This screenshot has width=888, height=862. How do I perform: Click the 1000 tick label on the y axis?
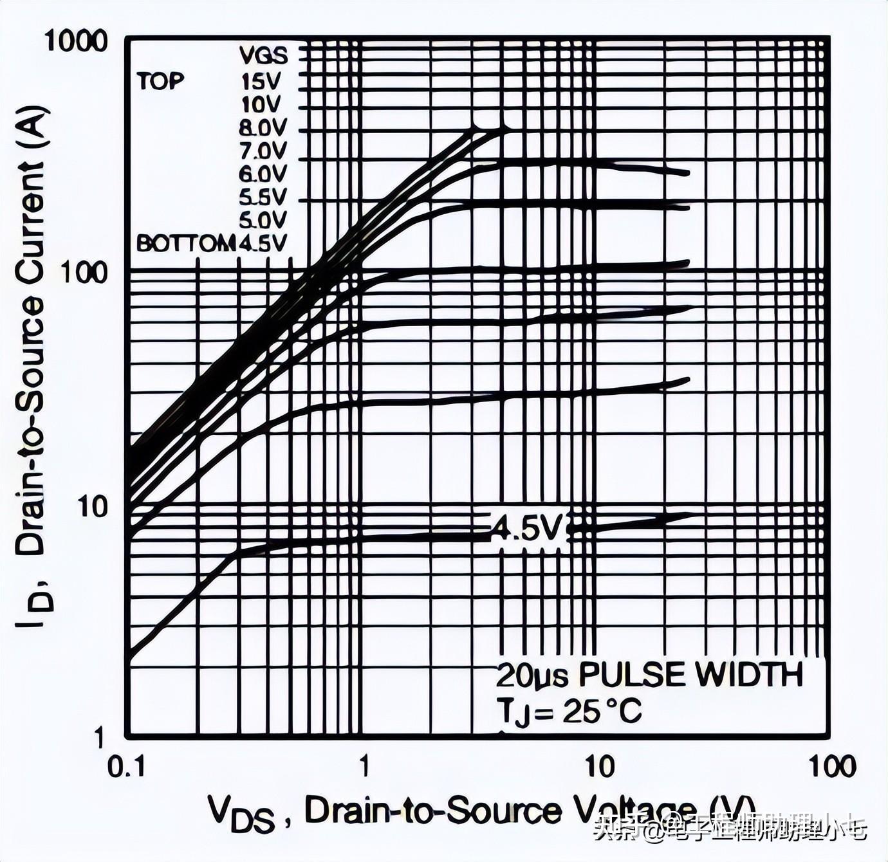pos(76,41)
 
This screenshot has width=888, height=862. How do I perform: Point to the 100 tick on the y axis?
pos(84,273)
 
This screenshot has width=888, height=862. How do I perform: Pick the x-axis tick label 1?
pos(364,767)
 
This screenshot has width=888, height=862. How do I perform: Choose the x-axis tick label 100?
pos(831,767)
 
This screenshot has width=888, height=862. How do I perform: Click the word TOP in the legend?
pos(160,81)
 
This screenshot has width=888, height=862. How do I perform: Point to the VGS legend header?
pos(263,56)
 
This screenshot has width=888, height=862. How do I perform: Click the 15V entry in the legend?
pos(262,81)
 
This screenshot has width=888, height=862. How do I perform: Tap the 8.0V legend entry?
pos(263,128)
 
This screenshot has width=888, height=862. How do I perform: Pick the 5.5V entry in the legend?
pos(263,197)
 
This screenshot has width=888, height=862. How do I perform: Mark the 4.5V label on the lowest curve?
pos(528,528)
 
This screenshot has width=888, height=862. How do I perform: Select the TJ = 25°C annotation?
pos(569,712)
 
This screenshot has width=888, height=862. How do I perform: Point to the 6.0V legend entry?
pos(263,174)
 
